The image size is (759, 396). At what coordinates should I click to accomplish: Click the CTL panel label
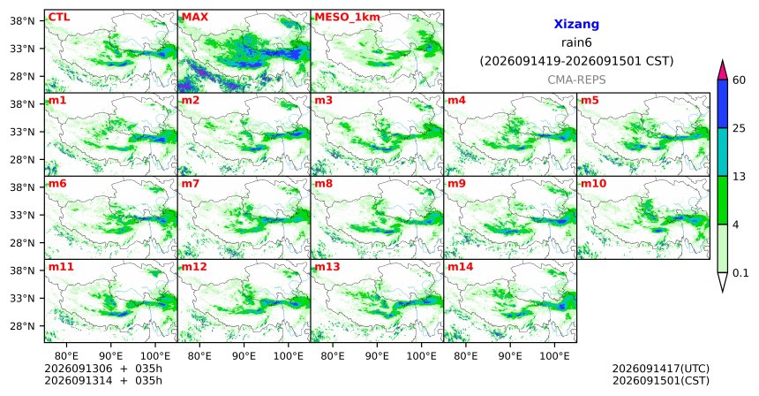pos(58,18)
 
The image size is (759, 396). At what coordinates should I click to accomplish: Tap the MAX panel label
pos(194,18)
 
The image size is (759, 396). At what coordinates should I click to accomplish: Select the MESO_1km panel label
pos(347,18)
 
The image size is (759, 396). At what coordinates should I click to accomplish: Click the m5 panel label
pos(590,101)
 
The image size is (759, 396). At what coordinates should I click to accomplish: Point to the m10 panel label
pos(593,184)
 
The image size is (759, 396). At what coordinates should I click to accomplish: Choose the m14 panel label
pos(461,267)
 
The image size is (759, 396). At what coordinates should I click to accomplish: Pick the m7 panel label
pos(191,184)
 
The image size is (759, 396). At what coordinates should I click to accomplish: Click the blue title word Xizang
pos(576,24)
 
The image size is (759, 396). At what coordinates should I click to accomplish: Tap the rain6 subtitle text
pos(576,42)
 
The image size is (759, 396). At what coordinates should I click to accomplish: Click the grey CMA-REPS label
pos(576,80)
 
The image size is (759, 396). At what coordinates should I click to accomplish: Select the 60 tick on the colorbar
pos(739,80)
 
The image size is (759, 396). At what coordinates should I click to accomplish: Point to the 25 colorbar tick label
pos(739,128)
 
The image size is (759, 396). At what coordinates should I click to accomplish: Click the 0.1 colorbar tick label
pos(740,273)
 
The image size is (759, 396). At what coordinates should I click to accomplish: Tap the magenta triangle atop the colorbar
pos(723,71)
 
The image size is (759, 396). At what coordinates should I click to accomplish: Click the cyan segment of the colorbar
pos(723,152)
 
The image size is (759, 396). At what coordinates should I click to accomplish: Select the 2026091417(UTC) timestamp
pos(661,369)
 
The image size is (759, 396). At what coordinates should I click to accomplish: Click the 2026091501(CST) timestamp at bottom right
pos(661,380)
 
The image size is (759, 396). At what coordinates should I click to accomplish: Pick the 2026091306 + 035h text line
pos(103,369)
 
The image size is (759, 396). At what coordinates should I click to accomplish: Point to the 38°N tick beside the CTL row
pos(23,21)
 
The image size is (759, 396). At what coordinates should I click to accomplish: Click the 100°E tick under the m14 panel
pos(554,357)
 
